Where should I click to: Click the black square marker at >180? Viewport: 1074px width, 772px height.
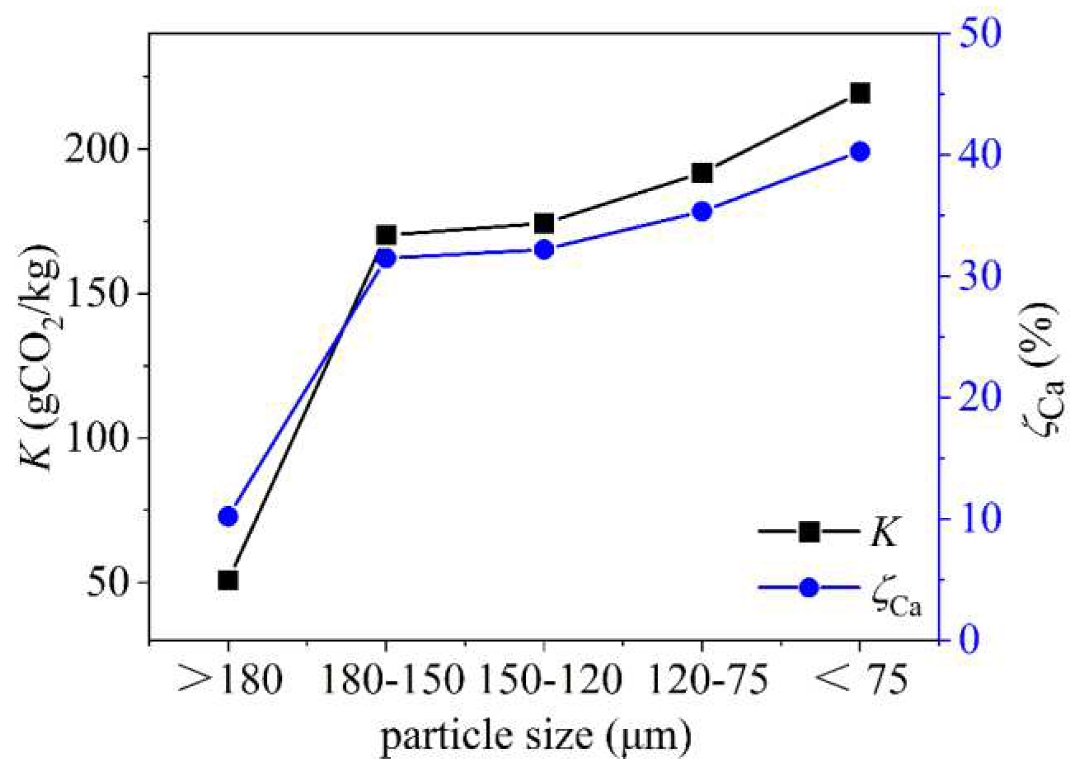pos(228,580)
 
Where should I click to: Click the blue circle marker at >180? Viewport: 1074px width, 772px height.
pos(228,517)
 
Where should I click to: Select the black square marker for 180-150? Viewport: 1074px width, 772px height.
pos(386,236)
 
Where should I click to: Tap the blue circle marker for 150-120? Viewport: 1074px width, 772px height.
pos(544,250)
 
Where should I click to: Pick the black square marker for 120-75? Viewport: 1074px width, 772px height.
pos(702,174)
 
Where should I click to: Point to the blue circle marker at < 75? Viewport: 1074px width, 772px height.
pos(860,152)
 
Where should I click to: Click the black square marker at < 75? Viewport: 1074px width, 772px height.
pos(860,93)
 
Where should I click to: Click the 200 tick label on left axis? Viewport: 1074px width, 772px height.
pos(96,149)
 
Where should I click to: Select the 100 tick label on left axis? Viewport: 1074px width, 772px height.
pos(96,438)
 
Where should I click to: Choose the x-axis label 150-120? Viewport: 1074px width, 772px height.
pos(551,680)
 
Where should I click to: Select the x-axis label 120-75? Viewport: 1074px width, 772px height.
pos(708,680)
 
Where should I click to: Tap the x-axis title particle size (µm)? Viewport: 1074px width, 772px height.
pos(536,736)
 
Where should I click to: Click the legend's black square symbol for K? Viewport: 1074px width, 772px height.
pos(809,532)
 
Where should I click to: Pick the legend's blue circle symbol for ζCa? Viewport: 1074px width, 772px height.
pos(809,588)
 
